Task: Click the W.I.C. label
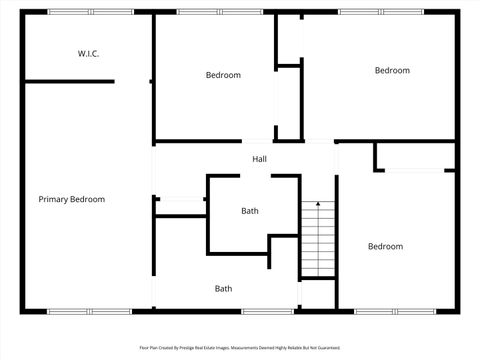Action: (x=88, y=53)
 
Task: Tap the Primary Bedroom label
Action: (x=71, y=199)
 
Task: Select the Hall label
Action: (x=259, y=159)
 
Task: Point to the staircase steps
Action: (x=318, y=240)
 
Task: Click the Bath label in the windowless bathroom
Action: (x=250, y=211)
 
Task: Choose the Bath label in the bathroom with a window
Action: (x=223, y=289)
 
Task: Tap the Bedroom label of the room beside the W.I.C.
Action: (x=223, y=75)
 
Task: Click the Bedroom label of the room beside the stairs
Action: (x=385, y=246)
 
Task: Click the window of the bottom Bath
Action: (x=268, y=311)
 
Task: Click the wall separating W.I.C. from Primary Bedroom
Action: (x=68, y=81)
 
